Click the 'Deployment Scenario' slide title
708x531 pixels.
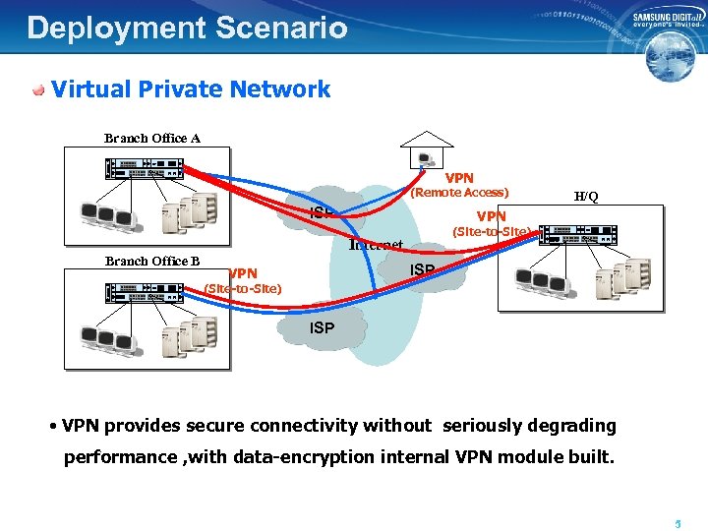point(187,28)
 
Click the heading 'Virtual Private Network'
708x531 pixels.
point(191,89)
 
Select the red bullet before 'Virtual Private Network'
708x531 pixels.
point(38,90)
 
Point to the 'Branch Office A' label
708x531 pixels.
point(152,139)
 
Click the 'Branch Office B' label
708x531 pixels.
point(152,261)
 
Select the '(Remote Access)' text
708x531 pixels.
point(459,193)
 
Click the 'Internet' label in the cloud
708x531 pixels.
point(377,244)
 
